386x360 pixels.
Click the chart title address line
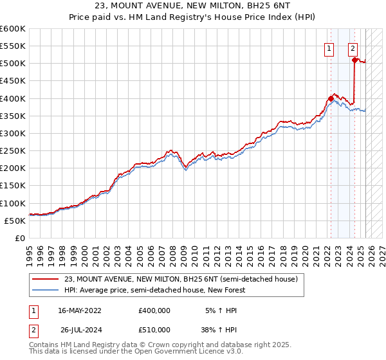point(193,6)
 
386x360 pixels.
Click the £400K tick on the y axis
point(13,98)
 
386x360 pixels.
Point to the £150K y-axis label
point(13,186)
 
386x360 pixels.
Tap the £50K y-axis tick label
point(15,221)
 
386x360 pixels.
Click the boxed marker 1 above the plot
point(329,47)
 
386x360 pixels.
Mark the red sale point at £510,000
point(354,60)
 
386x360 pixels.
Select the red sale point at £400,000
point(331,98)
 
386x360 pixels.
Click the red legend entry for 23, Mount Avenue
point(181,280)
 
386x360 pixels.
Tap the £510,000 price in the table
point(154,330)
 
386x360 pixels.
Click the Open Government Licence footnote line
point(136,352)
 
